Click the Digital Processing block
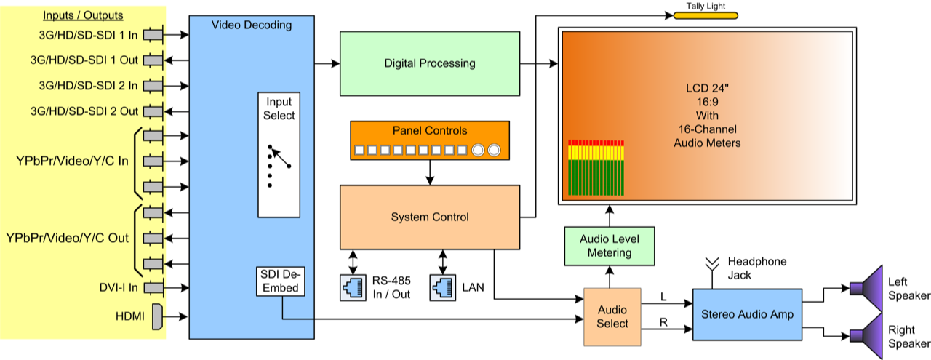click(x=430, y=63)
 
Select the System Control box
click(x=430, y=217)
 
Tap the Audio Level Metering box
click(x=610, y=246)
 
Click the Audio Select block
click(x=612, y=316)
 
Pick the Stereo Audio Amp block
click(x=747, y=315)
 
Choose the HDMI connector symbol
click(x=156, y=316)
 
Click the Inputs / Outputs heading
click(x=83, y=15)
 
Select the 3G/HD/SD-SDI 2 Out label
click(x=84, y=111)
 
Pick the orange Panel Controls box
click(x=430, y=141)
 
